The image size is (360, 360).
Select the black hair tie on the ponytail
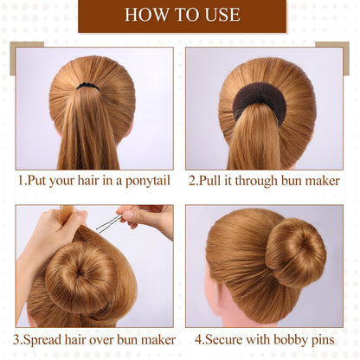[x=87, y=86]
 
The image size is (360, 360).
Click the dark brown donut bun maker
[x=260, y=98]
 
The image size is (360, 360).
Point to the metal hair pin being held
[x=109, y=224]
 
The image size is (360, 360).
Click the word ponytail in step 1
[x=148, y=182]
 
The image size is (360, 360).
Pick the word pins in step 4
[x=322, y=340]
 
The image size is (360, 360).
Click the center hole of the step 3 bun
[x=79, y=273]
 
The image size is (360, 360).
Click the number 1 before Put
[x=21, y=181]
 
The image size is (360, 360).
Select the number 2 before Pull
[x=192, y=181]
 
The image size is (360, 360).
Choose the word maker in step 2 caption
[x=323, y=181]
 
